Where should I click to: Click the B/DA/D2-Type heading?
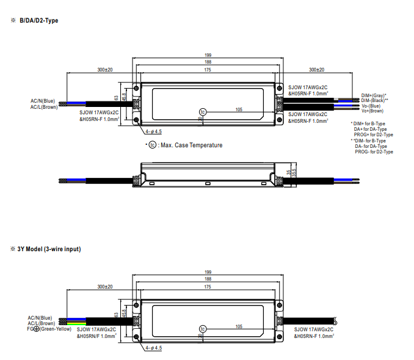click(39, 20)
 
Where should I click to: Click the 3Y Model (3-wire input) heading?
click(49, 249)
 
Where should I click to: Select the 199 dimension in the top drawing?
click(208, 55)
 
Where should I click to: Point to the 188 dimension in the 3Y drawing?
click(208, 279)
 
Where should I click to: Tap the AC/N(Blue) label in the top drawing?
click(43, 101)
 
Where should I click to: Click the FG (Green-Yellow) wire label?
click(49, 329)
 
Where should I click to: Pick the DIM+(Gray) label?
click(374, 95)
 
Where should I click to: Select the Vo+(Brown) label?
click(372, 111)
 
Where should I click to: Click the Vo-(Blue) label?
click(371, 106)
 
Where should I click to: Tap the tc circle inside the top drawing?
click(203, 112)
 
